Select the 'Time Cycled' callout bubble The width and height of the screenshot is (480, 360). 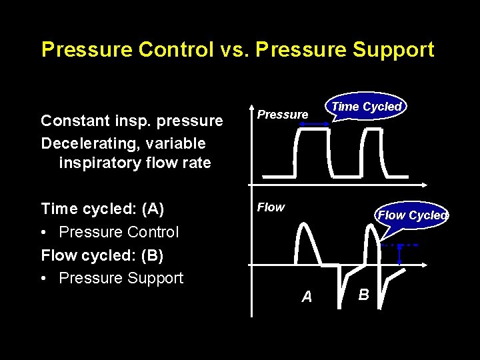366,107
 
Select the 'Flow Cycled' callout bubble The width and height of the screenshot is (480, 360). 413,215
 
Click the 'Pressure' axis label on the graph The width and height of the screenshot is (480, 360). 283,115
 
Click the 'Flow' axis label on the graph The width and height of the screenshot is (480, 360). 271,207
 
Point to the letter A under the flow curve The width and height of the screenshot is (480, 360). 307,297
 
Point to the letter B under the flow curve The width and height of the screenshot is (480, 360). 363,293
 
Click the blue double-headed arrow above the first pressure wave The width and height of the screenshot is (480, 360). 311,124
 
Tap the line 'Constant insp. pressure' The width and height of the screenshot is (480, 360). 131,121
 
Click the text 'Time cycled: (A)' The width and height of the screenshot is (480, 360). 102,209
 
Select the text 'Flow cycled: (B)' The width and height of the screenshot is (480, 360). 102,255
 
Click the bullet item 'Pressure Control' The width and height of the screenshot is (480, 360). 119,232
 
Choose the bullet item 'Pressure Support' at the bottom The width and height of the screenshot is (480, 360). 121,278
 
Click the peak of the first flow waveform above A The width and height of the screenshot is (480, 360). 303,223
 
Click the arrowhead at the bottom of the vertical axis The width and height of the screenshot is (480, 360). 252,312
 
